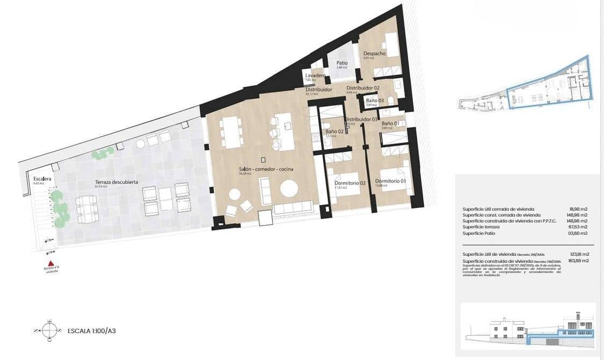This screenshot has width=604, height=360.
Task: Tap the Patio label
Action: point(342,63)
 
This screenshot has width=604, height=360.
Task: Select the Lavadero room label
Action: point(315,76)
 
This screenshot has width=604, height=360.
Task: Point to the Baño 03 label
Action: point(374,100)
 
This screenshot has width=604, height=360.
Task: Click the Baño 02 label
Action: point(334,131)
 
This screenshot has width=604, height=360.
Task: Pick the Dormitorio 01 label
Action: point(390,181)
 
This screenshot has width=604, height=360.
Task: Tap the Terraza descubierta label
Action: point(117,182)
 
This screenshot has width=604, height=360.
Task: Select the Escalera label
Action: point(42,178)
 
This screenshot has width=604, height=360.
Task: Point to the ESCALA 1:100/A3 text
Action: point(92,331)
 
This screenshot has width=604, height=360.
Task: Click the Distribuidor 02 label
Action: point(363,88)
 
